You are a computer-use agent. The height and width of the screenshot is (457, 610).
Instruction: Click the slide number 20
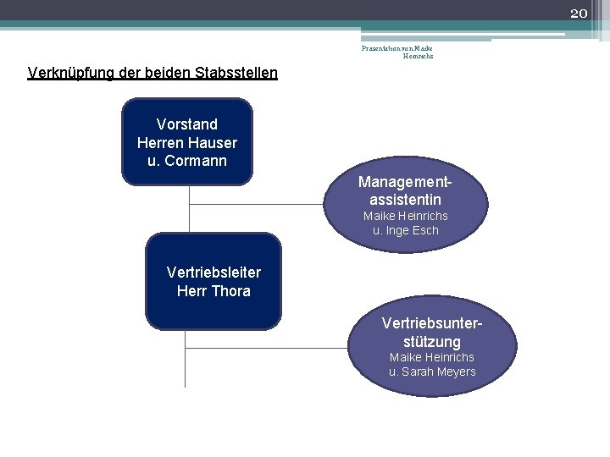[579, 13]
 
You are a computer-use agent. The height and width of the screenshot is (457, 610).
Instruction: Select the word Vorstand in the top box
[187, 124]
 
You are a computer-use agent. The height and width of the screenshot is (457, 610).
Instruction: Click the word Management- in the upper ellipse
[405, 182]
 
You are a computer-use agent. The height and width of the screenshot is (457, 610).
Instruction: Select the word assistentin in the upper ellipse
[405, 200]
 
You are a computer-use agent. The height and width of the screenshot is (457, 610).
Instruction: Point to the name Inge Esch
[412, 230]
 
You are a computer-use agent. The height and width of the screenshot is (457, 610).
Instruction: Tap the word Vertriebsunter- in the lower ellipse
[432, 323]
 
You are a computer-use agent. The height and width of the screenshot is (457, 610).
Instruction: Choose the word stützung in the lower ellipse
[432, 342]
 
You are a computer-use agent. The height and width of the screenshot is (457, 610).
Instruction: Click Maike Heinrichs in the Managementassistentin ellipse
[405, 216]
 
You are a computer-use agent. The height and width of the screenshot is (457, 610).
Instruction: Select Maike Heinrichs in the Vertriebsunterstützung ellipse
[432, 357]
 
